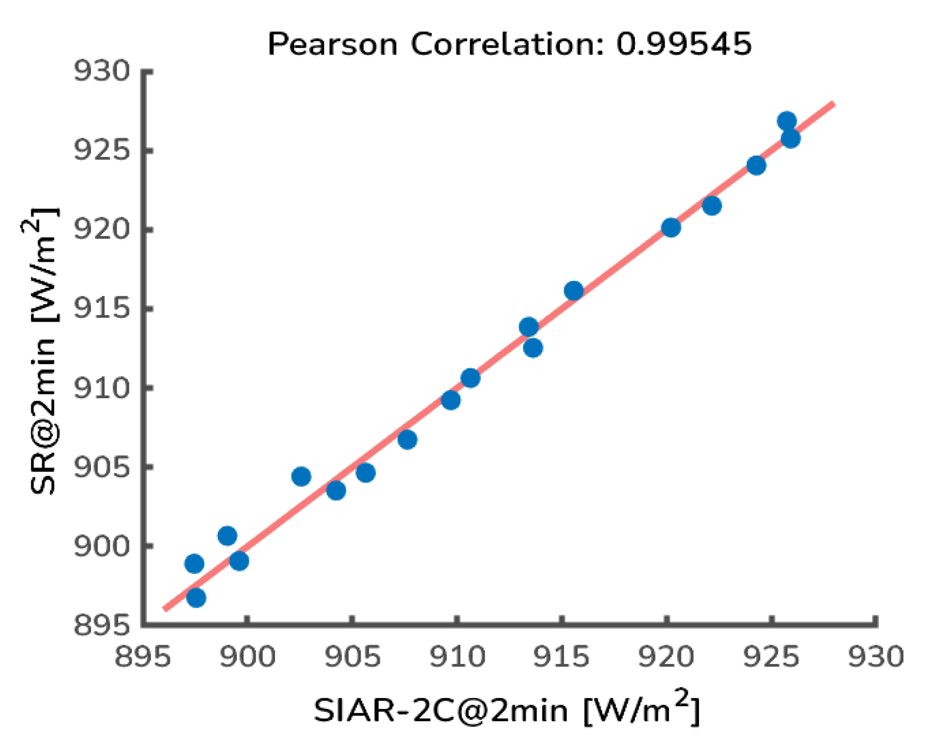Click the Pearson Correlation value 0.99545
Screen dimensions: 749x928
[x=683, y=44]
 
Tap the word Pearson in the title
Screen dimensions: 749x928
[x=332, y=45]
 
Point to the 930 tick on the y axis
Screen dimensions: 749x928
[x=102, y=71]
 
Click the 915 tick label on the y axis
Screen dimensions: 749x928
[x=102, y=308]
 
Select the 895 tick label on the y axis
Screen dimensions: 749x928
[x=102, y=625]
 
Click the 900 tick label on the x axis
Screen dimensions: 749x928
[x=247, y=657]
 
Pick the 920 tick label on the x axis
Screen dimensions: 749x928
[x=665, y=657]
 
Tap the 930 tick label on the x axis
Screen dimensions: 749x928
[x=875, y=657]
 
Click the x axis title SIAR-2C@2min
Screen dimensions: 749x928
[x=440, y=711]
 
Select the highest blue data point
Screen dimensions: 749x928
[x=786, y=121]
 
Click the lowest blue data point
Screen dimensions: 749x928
[x=195, y=597]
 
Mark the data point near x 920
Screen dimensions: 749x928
[x=670, y=227]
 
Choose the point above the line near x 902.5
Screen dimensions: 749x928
[x=301, y=476]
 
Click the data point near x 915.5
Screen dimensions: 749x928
[x=573, y=291]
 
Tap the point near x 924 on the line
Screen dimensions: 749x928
[x=755, y=166]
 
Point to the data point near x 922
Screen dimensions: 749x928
[x=711, y=206]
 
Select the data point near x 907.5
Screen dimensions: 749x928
[x=407, y=439]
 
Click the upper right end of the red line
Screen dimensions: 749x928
[x=833, y=103]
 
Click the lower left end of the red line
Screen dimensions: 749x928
[x=165, y=609]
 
